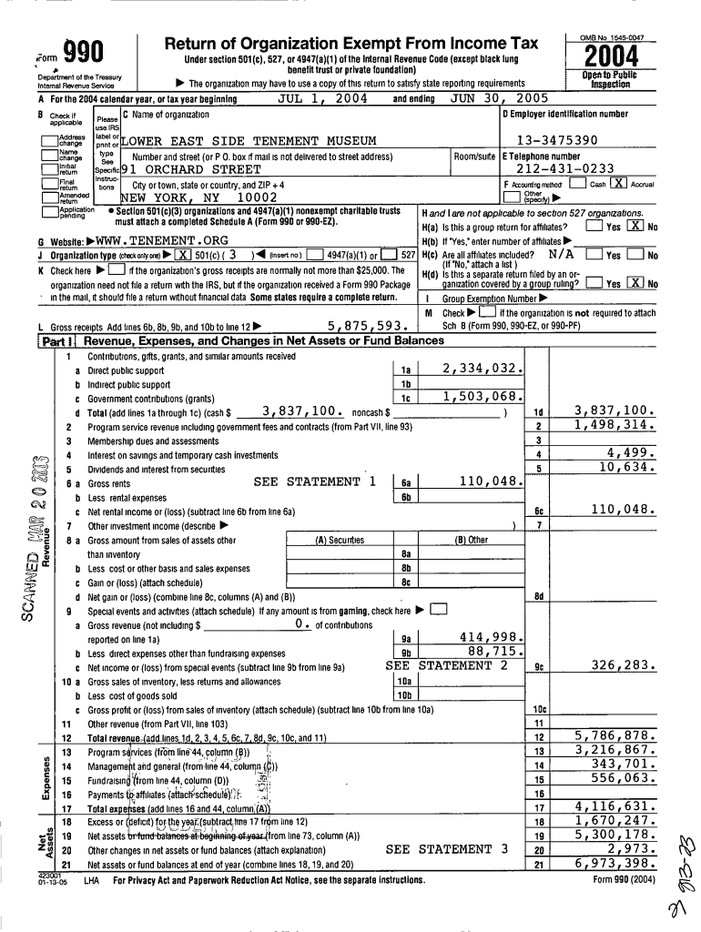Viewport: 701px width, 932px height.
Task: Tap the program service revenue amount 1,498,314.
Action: (615, 425)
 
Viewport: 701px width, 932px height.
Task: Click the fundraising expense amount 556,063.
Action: (616, 778)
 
